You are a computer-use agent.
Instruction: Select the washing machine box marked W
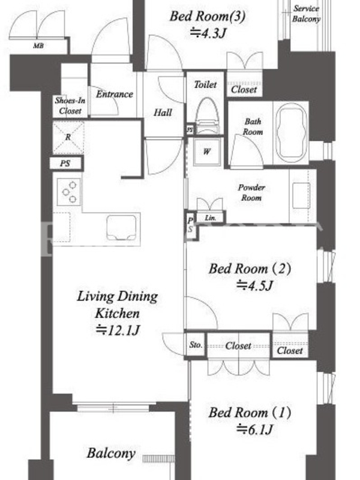click(x=207, y=152)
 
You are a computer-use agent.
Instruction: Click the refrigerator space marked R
click(x=68, y=137)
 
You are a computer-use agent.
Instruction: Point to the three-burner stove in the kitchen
click(x=69, y=192)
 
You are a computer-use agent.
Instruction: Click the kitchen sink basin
click(x=122, y=227)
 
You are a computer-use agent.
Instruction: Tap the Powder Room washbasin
click(x=302, y=196)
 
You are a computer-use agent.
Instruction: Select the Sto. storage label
click(x=196, y=344)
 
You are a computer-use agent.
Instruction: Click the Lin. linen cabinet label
click(x=210, y=218)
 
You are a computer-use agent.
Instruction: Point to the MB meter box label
click(x=38, y=46)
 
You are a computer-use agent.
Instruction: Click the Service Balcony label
click(x=306, y=14)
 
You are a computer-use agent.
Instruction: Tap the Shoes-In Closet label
click(x=70, y=106)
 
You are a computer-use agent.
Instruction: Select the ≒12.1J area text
click(x=118, y=330)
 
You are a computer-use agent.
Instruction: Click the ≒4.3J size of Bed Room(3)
click(x=208, y=33)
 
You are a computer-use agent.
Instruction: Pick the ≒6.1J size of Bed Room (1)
click(x=254, y=430)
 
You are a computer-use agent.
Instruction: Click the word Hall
click(x=163, y=113)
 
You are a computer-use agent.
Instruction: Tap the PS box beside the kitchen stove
click(x=65, y=163)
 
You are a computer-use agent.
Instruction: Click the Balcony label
click(x=111, y=454)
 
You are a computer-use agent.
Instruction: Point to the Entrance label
click(x=115, y=94)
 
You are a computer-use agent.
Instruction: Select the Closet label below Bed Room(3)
click(x=244, y=89)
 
